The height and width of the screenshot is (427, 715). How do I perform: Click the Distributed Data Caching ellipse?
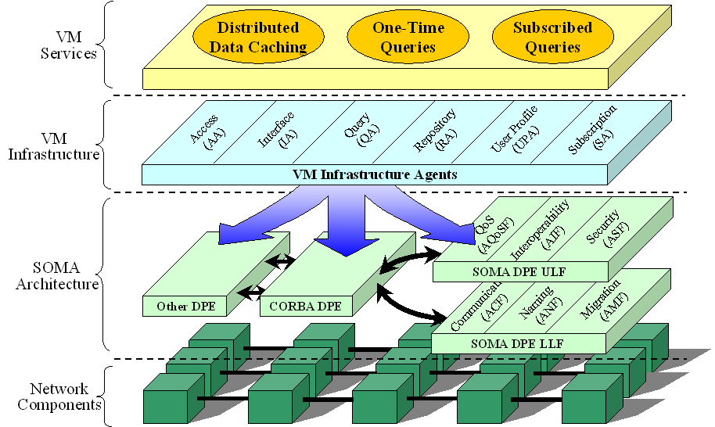tap(258, 38)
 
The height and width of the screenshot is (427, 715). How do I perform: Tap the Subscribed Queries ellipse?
tap(552, 38)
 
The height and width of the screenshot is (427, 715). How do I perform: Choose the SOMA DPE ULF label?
tap(519, 271)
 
